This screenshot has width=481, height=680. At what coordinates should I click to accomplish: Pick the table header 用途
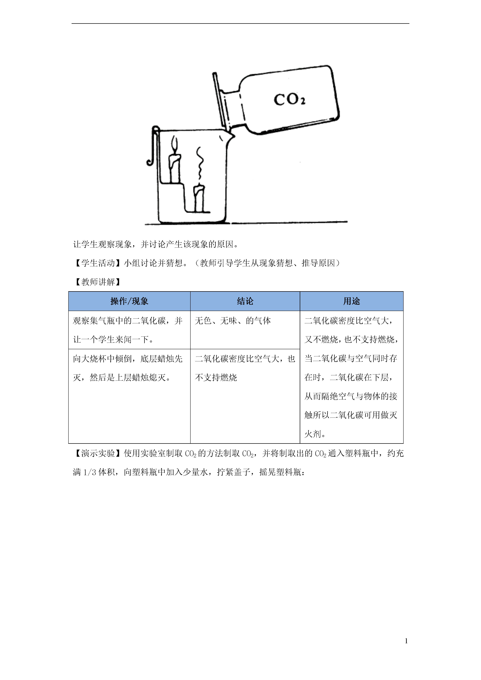click(x=352, y=301)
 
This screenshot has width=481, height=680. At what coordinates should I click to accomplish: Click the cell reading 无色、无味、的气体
click(x=233, y=321)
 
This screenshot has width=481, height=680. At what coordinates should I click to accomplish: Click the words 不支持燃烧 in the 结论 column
click(x=216, y=378)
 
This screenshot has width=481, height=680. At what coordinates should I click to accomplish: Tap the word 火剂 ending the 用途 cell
click(x=313, y=434)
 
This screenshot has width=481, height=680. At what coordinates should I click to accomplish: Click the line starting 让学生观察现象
click(x=156, y=244)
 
